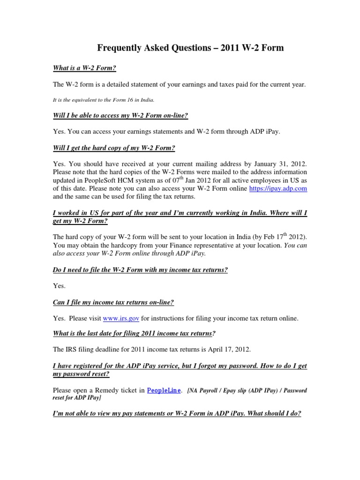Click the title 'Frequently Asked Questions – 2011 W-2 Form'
[x=190, y=48]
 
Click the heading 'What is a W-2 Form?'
[x=84, y=68]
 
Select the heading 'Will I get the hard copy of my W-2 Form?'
[x=114, y=148]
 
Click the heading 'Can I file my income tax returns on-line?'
[x=113, y=302]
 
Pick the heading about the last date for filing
[x=135, y=334]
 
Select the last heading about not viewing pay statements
[x=177, y=414]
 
